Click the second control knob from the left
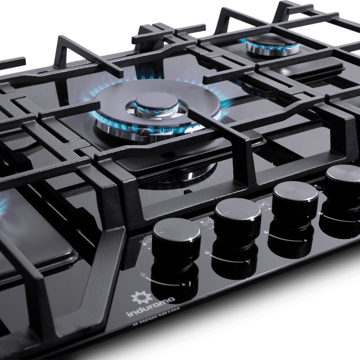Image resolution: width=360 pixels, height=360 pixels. [x=238, y=220]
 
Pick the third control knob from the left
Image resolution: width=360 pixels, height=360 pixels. [x=296, y=202]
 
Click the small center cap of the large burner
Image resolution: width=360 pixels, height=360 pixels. [x=157, y=103]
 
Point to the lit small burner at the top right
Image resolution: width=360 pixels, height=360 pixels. [x=273, y=47]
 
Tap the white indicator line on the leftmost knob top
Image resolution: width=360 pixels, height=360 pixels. [x=162, y=233]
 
